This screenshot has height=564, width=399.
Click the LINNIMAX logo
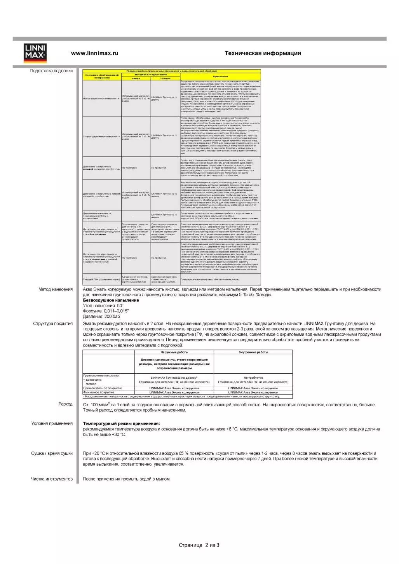(x=35, y=54)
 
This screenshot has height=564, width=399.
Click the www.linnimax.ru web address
(x=94, y=53)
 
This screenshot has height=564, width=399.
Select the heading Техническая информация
(x=263, y=53)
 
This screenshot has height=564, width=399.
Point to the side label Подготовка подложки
(x=51, y=71)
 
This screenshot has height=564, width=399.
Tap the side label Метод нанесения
(x=55, y=289)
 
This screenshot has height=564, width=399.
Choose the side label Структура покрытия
(x=53, y=324)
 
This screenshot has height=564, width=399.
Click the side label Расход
(x=65, y=404)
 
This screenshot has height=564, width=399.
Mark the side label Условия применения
(x=52, y=423)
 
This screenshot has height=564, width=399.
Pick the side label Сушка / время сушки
(x=52, y=453)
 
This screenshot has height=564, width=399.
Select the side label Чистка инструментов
(x=52, y=479)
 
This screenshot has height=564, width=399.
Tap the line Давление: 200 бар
(x=101, y=317)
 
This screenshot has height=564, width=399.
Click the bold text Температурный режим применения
(x=121, y=424)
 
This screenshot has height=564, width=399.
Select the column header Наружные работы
(x=174, y=352)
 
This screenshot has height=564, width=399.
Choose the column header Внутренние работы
(x=253, y=352)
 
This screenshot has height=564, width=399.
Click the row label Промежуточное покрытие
(x=103, y=388)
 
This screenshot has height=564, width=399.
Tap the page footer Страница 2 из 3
(x=199, y=545)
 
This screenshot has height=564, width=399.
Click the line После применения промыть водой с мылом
(x=126, y=479)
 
